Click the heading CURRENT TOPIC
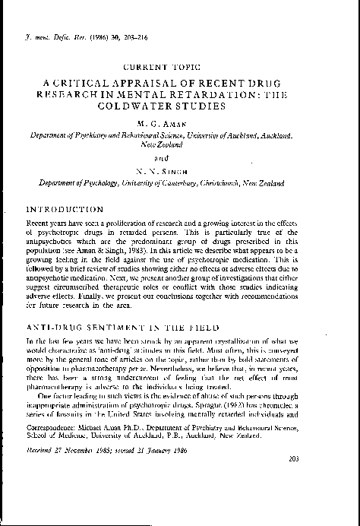click(x=179, y=68)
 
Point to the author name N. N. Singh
click(x=180, y=165)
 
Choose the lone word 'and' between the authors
click(x=180, y=151)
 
